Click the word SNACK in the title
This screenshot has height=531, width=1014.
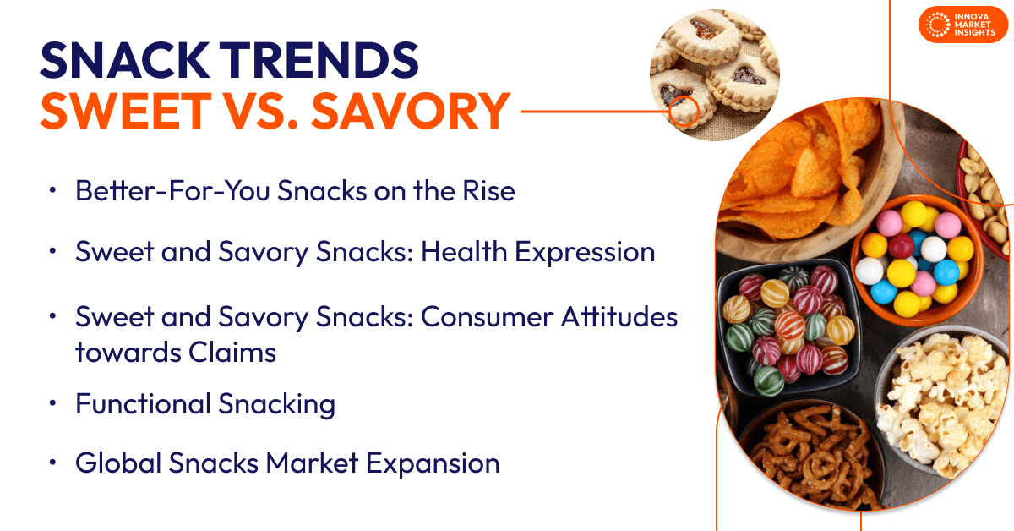(x=125, y=60)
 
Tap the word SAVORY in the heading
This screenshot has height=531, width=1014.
(x=411, y=111)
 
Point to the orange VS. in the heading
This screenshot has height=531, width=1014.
(x=261, y=111)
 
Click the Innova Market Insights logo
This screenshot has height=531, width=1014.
(x=962, y=25)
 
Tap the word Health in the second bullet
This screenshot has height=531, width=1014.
(x=464, y=251)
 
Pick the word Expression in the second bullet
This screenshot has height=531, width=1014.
(x=585, y=253)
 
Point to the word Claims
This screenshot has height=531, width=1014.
(x=232, y=352)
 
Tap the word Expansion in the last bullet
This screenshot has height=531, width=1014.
(x=433, y=464)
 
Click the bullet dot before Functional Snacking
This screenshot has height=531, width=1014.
(x=53, y=402)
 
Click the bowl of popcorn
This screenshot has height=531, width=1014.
(x=937, y=403)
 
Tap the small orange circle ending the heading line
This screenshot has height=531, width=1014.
(x=684, y=111)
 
